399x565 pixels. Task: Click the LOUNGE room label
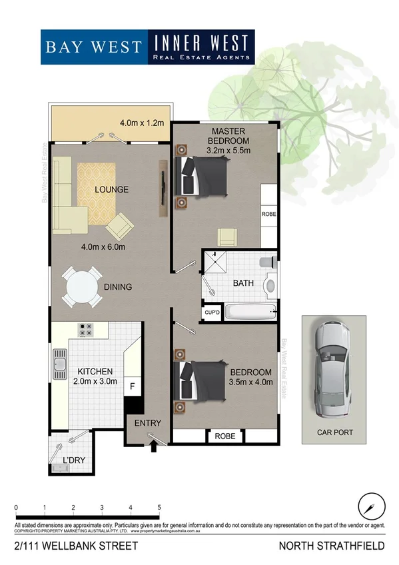click(x=111, y=190)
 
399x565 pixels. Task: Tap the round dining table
click(x=83, y=287)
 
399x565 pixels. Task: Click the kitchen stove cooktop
click(x=87, y=329)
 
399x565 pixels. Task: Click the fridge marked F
click(x=133, y=386)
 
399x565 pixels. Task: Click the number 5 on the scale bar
click(x=159, y=508)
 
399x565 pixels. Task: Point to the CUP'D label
click(x=211, y=312)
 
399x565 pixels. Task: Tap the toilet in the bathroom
click(x=269, y=284)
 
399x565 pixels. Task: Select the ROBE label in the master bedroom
click(x=269, y=215)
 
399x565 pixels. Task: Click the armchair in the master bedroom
click(x=227, y=236)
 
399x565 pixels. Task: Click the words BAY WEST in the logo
click(x=93, y=47)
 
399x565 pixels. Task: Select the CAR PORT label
click(x=335, y=432)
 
